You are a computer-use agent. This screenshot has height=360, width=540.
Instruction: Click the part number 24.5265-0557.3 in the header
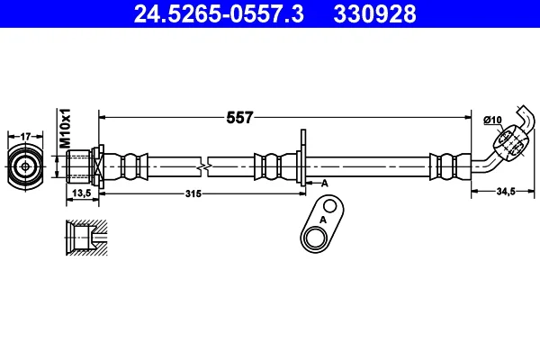coord(219,13)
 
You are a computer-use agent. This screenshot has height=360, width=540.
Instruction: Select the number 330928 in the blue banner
coord(374,13)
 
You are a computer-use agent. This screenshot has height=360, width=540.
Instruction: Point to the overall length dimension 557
coord(239,118)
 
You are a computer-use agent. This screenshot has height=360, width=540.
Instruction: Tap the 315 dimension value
coord(193,193)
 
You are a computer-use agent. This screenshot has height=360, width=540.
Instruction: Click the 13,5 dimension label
coord(82,193)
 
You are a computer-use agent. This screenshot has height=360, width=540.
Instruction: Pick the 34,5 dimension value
coord(506,191)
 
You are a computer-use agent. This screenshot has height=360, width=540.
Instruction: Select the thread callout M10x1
coord(65,128)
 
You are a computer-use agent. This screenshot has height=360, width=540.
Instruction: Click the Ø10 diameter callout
coord(492,120)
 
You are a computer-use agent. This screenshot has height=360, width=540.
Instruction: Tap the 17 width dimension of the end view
coord(25,137)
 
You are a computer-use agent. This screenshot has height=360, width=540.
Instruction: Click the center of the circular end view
coord(25,167)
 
